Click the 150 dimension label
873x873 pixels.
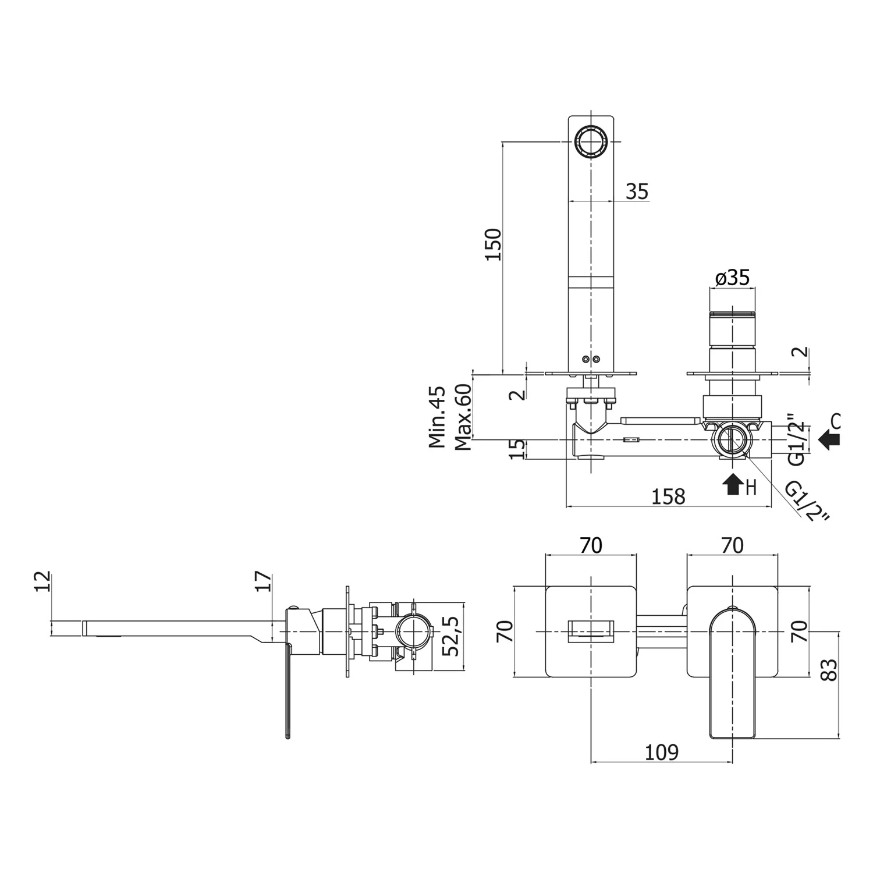(x=493, y=244)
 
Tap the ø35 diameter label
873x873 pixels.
(x=732, y=278)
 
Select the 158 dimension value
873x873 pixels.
(x=668, y=496)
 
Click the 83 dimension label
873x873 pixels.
(x=828, y=670)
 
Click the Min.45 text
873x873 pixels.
(x=437, y=417)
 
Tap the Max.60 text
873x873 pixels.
(x=463, y=417)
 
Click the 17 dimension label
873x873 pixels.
(x=264, y=582)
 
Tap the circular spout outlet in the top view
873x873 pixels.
(x=591, y=141)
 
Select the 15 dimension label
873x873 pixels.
(x=517, y=449)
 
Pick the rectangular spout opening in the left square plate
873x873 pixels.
(x=591, y=632)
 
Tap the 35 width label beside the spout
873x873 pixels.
(x=637, y=191)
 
